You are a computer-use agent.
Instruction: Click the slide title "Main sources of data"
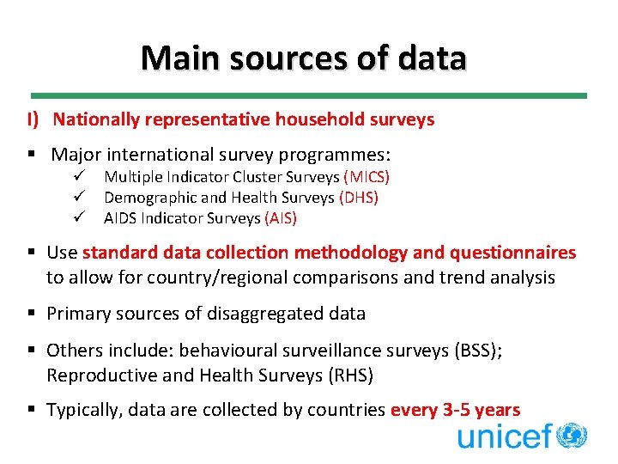coord(304,58)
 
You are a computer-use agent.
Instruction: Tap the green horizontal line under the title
coord(309,95)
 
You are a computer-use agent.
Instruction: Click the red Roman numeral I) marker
coord(33,120)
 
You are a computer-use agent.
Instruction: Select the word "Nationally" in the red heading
coord(94,120)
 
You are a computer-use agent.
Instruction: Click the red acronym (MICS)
coord(367,177)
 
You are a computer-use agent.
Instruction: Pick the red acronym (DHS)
coord(359,198)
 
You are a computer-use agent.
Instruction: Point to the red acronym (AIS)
coord(281,218)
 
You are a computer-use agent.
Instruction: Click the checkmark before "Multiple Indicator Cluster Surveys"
coord(79,177)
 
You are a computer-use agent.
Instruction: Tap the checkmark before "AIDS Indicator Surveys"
coord(79,218)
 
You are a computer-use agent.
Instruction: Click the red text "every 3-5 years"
coord(455,411)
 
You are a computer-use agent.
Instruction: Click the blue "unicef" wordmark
coord(504,437)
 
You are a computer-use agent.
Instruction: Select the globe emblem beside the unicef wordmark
coord(571,435)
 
